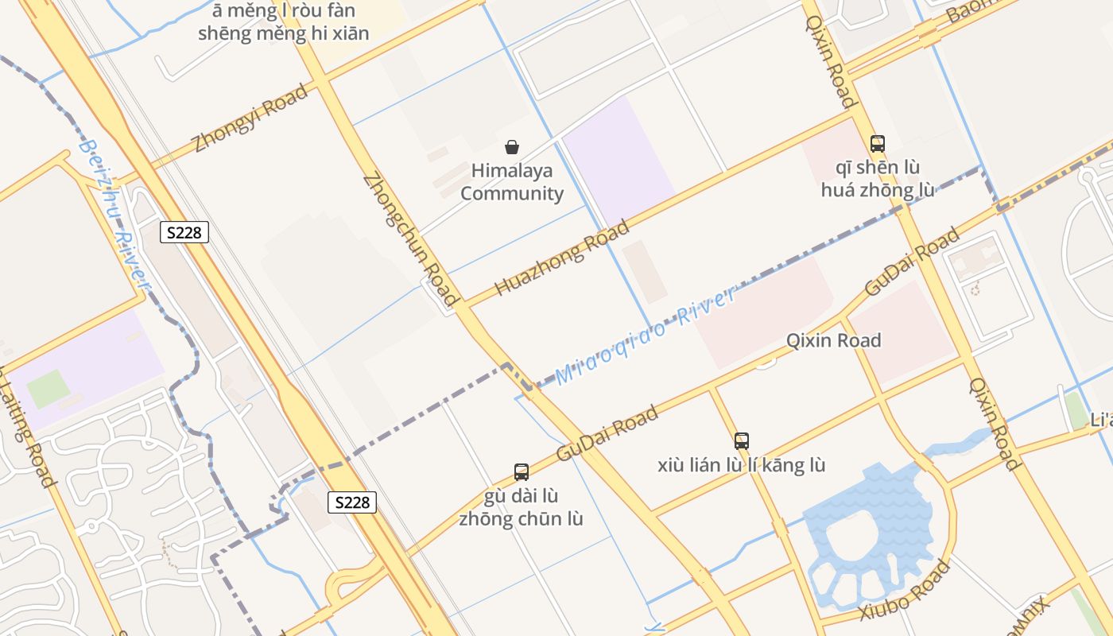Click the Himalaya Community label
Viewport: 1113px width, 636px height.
tap(512, 182)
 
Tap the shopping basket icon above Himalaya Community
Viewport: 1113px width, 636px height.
tap(512, 147)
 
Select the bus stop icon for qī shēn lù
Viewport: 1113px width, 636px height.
tap(878, 144)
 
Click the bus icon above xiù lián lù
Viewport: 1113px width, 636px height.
tap(742, 440)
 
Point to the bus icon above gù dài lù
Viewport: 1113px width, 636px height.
tap(522, 471)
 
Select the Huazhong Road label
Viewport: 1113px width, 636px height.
tap(562, 256)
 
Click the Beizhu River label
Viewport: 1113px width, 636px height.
tap(115, 213)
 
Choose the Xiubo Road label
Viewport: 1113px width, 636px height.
tap(905, 591)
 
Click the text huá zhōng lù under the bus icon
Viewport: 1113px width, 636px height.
tap(878, 190)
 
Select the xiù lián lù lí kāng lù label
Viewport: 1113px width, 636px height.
tap(742, 465)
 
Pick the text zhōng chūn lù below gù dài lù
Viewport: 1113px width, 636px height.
tap(521, 519)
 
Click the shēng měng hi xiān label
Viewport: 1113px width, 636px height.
tap(284, 34)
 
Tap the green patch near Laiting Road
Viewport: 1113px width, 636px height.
tap(48, 388)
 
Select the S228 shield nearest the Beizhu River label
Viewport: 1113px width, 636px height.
tap(184, 232)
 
